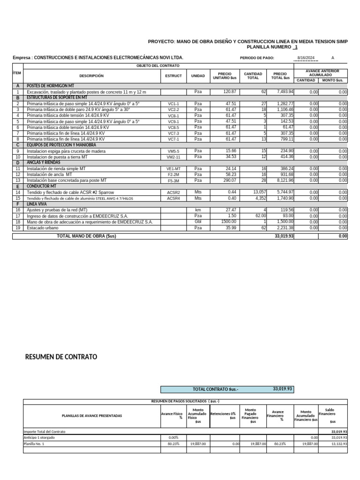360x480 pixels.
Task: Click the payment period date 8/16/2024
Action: click(306, 58)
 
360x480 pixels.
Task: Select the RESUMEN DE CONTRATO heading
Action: click(61, 357)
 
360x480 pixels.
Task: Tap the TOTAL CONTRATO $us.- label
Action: click(215, 390)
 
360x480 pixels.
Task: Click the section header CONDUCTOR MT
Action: click(41, 186)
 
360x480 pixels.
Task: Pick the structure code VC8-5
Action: click(173, 127)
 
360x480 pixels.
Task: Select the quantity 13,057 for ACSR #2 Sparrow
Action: click(259, 192)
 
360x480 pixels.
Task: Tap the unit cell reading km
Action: click(198, 210)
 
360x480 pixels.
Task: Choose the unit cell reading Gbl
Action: click(198, 222)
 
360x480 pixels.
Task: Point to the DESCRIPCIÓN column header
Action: click(91, 76)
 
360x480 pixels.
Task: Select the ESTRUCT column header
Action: click(173, 76)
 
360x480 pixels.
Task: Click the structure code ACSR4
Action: click(173, 198)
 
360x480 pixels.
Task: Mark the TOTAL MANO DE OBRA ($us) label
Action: click(86, 236)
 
